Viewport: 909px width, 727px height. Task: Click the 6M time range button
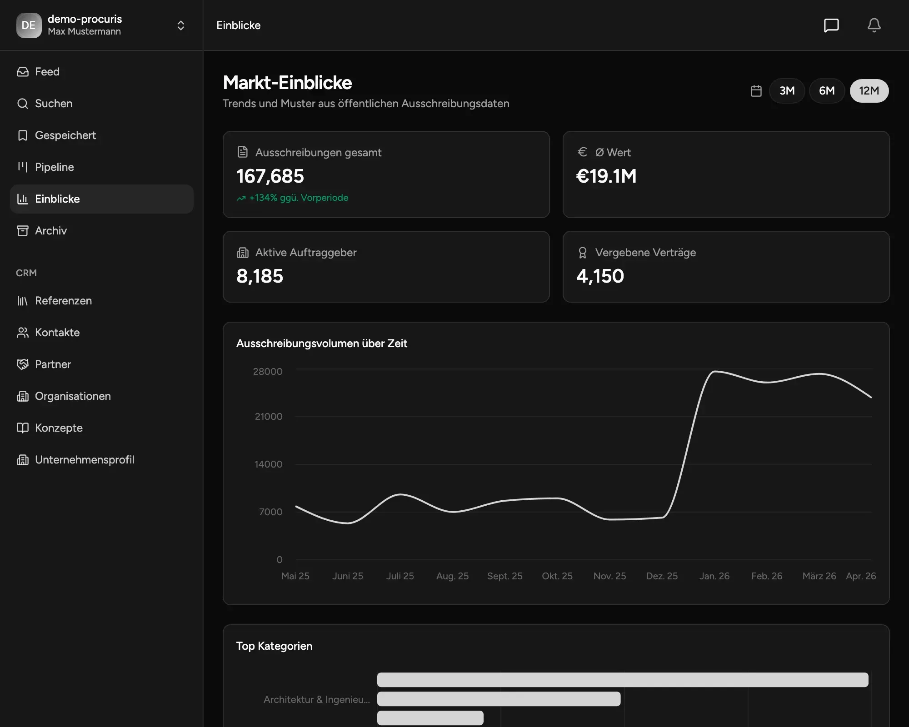(x=827, y=91)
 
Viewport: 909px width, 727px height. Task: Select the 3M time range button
(x=787, y=91)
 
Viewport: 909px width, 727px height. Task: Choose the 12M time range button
(x=869, y=91)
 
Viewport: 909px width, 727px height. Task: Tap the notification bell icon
(x=874, y=25)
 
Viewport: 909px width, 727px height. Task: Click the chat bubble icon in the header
(x=831, y=25)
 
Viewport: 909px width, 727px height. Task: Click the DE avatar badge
(x=29, y=25)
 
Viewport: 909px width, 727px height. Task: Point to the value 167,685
(x=270, y=176)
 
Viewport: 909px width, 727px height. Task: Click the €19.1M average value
(x=606, y=176)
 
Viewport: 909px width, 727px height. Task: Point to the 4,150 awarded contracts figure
(x=600, y=276)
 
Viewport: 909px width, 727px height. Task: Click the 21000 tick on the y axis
(x=269, y=417)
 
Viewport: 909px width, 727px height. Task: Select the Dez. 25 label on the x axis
(x=662, y=576)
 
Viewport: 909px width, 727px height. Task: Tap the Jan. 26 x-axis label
(x=714, y=576)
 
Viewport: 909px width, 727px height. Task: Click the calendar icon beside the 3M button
(x=756, y=91)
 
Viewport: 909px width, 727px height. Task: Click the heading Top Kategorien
(x=275, y=646)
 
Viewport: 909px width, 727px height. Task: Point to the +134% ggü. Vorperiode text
(x=299, y=198)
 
